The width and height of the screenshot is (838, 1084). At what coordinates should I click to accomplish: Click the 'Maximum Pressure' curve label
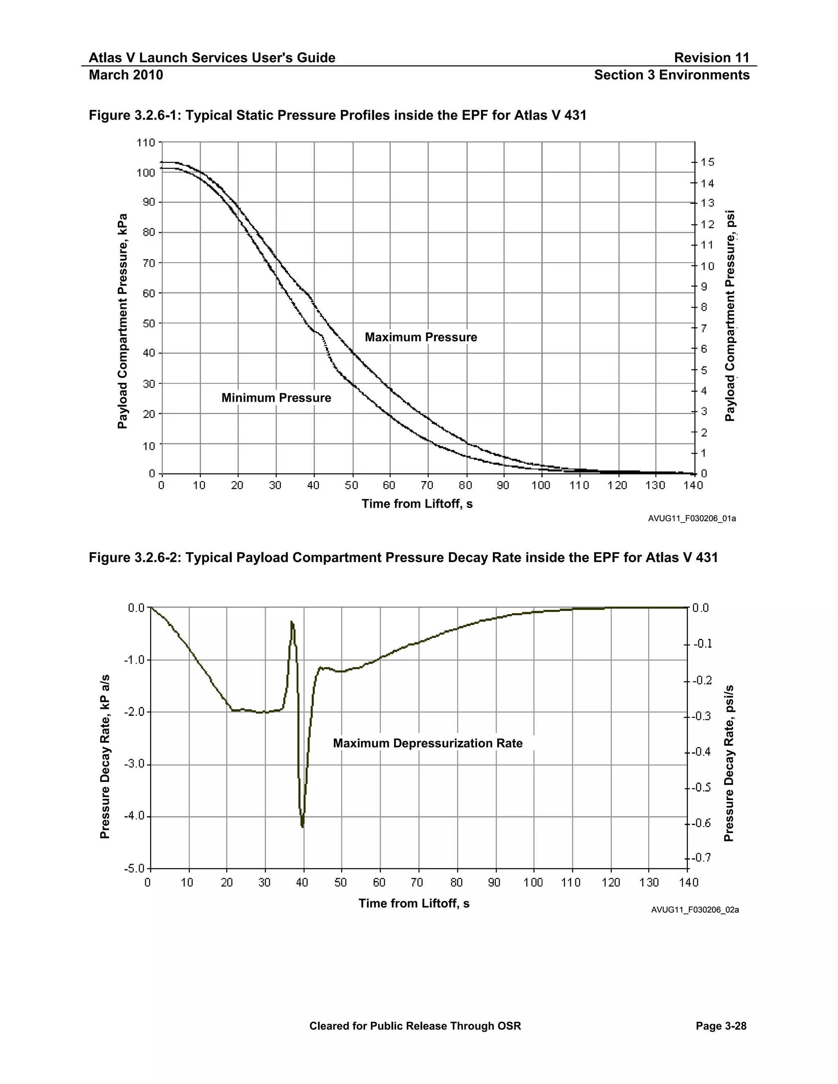click(x=421, y=337)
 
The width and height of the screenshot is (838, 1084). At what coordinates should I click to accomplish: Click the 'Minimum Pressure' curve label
click(x=276, y=398)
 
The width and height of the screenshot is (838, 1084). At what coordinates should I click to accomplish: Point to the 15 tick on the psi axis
click(x=707, y=162)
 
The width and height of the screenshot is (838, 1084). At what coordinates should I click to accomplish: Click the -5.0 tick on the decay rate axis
click(x=134, y=868)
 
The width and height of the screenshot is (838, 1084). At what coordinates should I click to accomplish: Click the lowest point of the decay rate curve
click(x=302, y=826)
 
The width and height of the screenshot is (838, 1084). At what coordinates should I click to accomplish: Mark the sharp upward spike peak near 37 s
click(x=292, y=622)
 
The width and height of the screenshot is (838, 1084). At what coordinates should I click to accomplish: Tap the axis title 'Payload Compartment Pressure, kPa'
click(x=123, y=321)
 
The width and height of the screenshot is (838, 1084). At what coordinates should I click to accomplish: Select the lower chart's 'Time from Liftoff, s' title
click(x=414, y=903)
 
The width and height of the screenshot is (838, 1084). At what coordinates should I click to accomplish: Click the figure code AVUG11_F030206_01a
click(x=692, y=519)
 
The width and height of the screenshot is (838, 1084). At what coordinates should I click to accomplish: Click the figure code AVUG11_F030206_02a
click(x=694, y=910)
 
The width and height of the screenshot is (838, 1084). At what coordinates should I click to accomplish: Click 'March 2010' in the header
click(x=126, y=75)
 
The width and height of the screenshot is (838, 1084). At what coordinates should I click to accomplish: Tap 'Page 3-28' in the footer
click(x=721, y=1026)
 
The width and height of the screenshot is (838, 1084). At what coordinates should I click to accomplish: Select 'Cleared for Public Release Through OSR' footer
click(x=415, y=1026)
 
